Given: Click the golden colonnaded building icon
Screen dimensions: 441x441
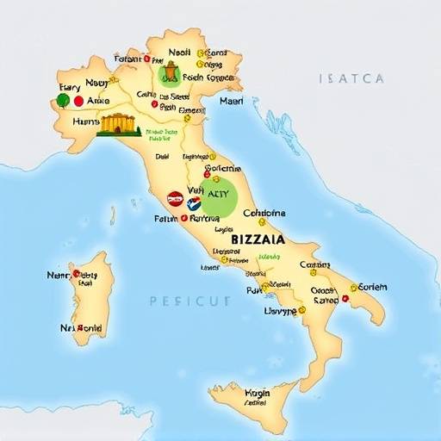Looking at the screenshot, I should pyautogui.click(x=119, y=125).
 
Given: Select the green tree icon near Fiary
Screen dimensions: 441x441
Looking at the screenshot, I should pyautogui.click(x=63, y=100).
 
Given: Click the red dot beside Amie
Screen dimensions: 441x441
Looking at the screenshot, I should pyautogui.click(x=79, y=101).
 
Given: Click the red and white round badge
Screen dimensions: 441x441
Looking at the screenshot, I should pyautogui.click(x=175, y=199).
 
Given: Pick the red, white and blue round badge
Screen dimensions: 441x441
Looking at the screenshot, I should pyautogui.click(x=194, y=203).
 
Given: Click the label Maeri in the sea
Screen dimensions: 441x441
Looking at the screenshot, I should pyautogui.click(x=232, y=100).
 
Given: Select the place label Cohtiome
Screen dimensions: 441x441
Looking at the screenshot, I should pyautogui.click(x=264, y=212).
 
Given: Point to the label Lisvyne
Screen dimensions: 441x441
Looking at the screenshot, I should pyautogui.click(x=279, y=310).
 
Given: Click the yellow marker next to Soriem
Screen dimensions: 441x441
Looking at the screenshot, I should pyautogui.click(x=353, y=287).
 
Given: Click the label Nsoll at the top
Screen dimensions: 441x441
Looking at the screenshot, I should pyautogui.click(x=180, y=51).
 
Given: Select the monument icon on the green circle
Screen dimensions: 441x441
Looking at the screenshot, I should pyautogui.click(x=171, y=72).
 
